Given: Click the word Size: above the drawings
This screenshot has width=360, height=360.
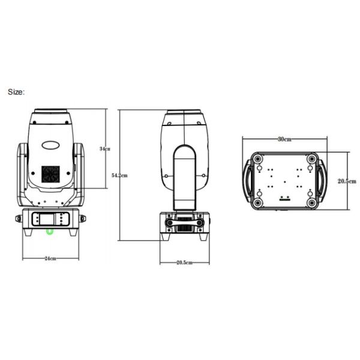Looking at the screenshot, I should [16, 92].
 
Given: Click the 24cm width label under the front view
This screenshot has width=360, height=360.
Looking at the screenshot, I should [50, 259].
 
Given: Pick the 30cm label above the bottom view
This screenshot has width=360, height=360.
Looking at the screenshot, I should [284, 139].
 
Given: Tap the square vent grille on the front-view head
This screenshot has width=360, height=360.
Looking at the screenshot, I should [50, 175].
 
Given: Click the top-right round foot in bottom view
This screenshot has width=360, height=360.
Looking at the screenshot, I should [311, 159].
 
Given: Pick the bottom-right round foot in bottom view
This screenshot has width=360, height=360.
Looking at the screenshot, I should [311, 202].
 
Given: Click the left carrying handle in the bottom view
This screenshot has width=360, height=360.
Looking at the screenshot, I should [247, 181].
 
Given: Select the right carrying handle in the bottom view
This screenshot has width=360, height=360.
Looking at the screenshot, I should [322, 181].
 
